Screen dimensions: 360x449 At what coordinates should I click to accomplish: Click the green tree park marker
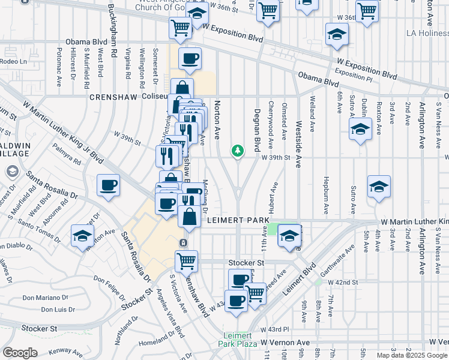pos(238,150)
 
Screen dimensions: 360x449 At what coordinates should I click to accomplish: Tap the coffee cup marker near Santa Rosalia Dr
pos(108,185)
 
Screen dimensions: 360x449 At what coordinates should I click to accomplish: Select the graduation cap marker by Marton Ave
pos(82,236)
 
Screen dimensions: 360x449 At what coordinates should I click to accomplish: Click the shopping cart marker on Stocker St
pos(186,261)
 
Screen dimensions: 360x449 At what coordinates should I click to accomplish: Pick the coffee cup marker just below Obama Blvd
pos(190,59)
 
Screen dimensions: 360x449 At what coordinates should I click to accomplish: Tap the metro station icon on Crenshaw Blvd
pos(183,242)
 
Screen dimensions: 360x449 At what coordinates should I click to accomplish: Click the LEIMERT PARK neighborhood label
pos(238,220)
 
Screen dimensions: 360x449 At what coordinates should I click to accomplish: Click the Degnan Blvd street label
pos(257,133)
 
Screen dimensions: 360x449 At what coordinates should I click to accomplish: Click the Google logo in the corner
pos(20,353)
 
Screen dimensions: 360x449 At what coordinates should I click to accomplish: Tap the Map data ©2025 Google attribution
pos(412,355)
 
